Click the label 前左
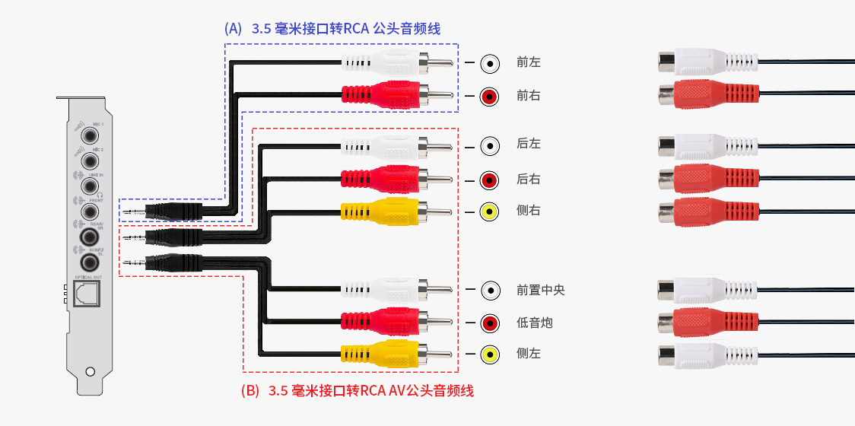529,62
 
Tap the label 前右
529,96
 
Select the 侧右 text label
529,211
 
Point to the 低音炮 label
535,323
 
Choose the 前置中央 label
541,290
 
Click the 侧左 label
529,354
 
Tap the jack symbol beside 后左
491,145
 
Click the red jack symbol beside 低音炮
491,323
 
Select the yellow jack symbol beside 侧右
491,211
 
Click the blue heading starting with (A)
332,29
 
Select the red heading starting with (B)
357,391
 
